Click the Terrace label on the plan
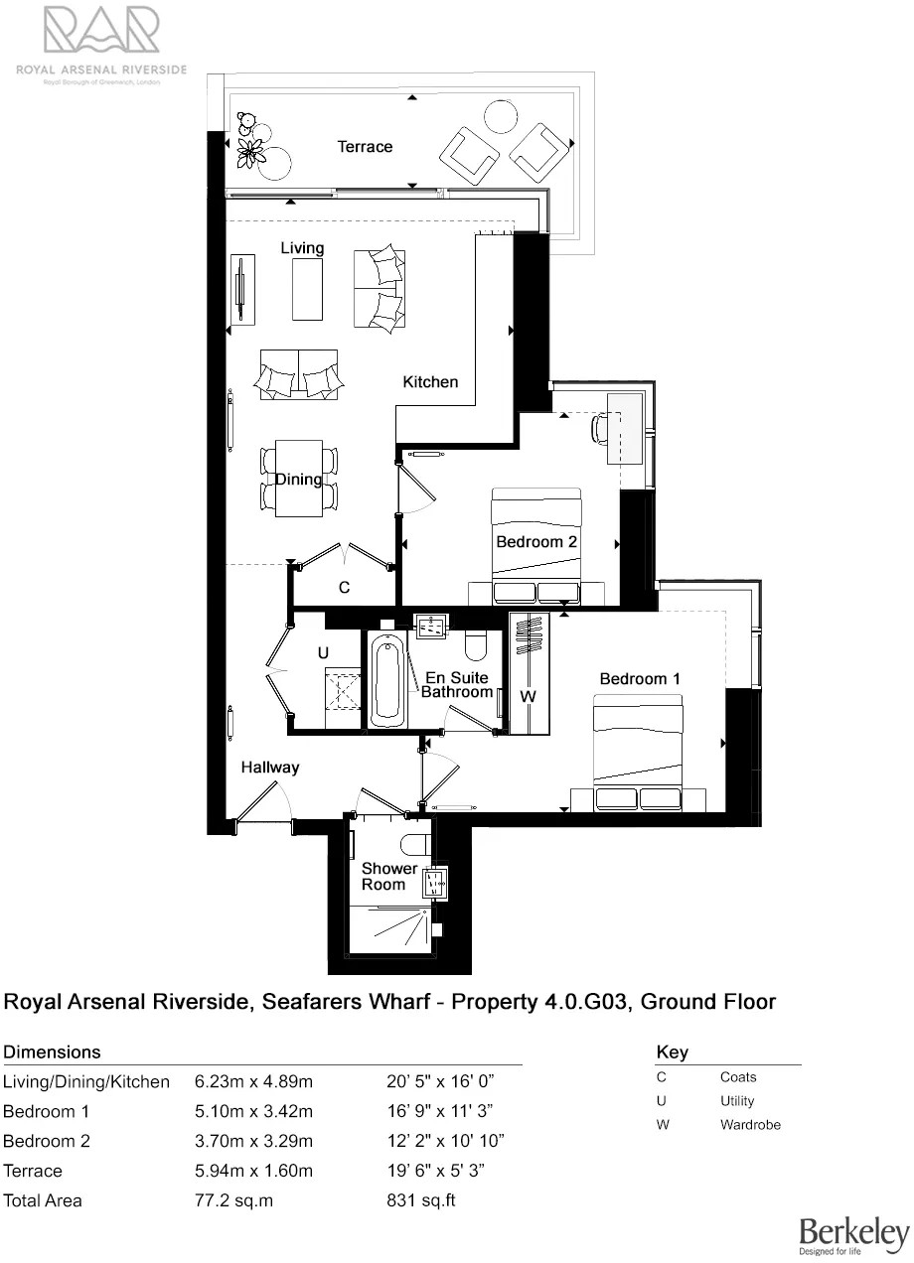365,147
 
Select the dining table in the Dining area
299,479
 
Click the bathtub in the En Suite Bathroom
386,683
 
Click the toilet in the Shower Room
416,844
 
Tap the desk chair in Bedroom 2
599,428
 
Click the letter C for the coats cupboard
344,588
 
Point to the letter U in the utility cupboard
323,654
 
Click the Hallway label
269,768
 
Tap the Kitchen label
430,382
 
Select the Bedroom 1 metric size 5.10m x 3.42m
253,1111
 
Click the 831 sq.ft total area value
420,1200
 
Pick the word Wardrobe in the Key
750,1125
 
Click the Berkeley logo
853,1234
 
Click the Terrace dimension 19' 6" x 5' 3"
440,1171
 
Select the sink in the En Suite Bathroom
431,627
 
